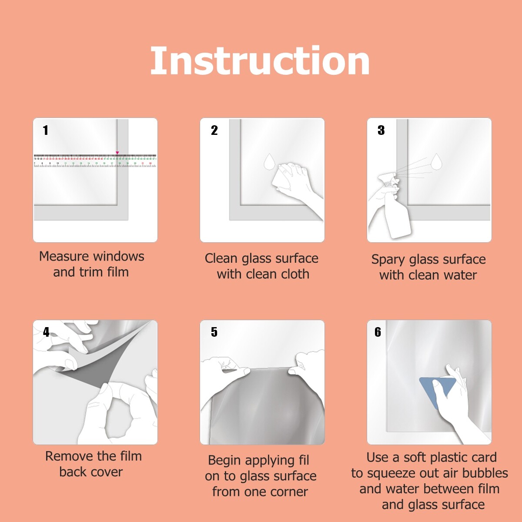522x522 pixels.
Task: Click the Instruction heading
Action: pos(260,61)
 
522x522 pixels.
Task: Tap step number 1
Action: pos(46,130)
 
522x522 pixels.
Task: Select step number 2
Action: pos(214,130)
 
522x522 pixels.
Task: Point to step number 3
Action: pos(381,130)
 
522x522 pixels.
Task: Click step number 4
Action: pos(46,332)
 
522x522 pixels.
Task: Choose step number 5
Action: pos(214,332)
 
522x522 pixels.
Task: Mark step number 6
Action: pos(378,332)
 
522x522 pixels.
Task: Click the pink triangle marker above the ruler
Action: pos(117,153)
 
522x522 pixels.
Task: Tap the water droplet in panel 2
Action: pos(270,161)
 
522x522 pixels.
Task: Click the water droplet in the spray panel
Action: pos(436,161)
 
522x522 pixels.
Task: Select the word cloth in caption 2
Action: pos(295,274)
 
